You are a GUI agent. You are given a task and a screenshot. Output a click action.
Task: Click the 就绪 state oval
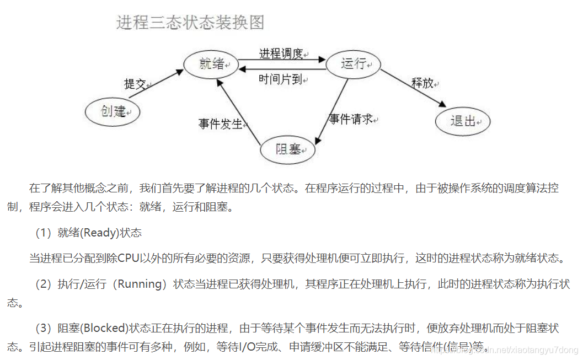click(x=211, y=64)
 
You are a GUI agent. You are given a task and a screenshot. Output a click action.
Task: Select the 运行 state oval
click(x=353, y=64)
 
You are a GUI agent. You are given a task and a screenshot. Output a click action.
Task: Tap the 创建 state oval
click(x=113, y=111)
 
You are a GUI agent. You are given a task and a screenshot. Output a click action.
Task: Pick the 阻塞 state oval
click(x=287, y=149)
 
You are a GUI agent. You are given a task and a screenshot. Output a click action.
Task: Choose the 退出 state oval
click(x=462, y=121)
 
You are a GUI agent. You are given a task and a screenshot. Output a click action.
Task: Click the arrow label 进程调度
click(x=281, y=53)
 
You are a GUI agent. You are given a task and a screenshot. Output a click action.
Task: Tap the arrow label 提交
click(x=135, y=84)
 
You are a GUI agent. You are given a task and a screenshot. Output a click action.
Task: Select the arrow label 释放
click(x=422, y=83)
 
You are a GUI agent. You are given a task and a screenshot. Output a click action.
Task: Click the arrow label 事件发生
click(x=221, y=123)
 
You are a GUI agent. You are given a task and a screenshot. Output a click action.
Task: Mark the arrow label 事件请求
click(x=351, y=119)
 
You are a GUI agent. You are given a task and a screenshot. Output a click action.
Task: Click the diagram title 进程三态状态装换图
click(x=190, y=23)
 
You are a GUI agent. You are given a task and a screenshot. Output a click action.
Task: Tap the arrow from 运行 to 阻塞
click(x=331, y=110)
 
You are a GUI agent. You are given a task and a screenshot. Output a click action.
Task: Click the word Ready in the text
click(x=100, y=233)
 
